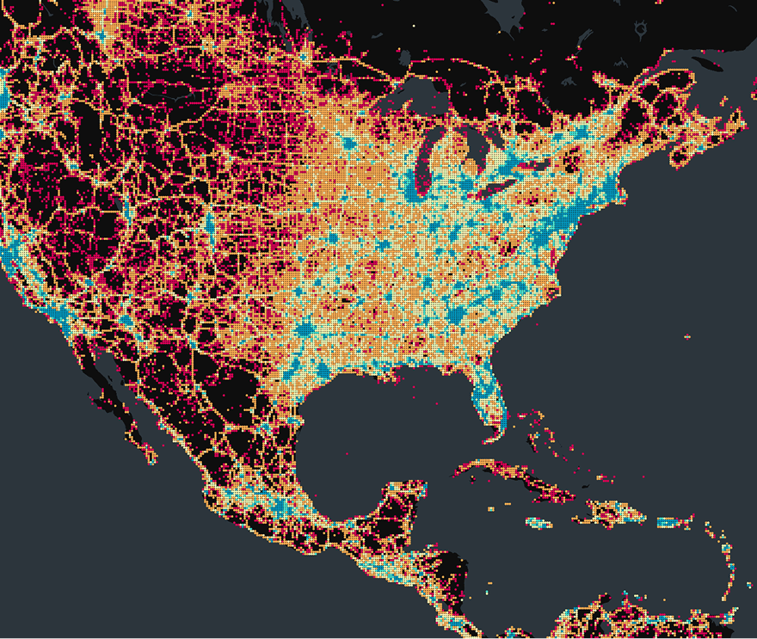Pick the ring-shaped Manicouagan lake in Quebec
[639, 31]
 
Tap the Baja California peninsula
[120, 404]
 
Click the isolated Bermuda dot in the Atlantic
[687, 335]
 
